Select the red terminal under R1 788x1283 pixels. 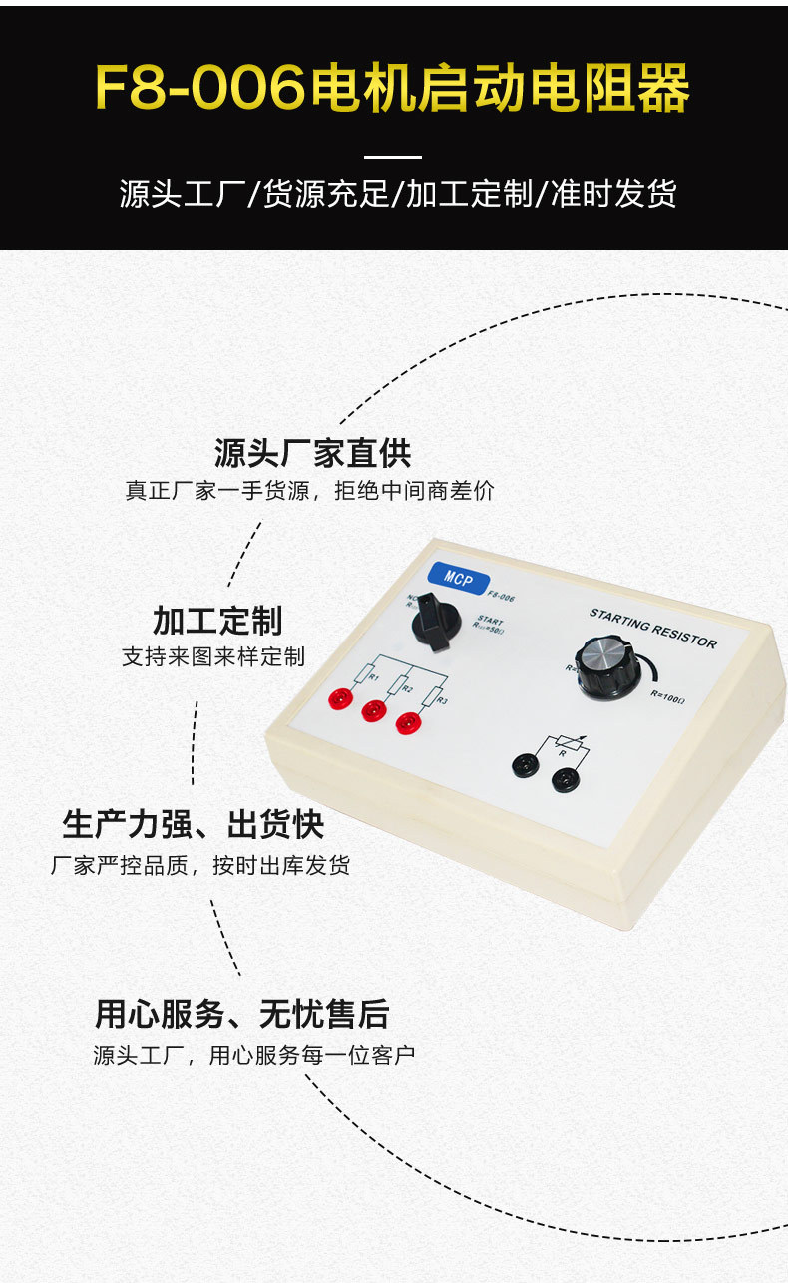tap(341, 699)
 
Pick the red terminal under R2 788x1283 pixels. tap(374, 710)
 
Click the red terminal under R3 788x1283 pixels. tap(408, 722)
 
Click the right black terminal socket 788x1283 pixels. tap(561, 776)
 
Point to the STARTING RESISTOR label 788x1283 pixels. tap(652, 628)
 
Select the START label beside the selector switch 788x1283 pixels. tap(490, 620)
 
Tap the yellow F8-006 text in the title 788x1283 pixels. tap(199, 90)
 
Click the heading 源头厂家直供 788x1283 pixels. tap(312, 453)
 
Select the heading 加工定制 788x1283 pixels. tap(217, 620)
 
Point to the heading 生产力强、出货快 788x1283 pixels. tap(193, 825)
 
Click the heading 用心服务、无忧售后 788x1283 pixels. tap(241, 1014)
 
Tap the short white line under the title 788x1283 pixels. tap(393, 157)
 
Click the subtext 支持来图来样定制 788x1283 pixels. tap(212, 657)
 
